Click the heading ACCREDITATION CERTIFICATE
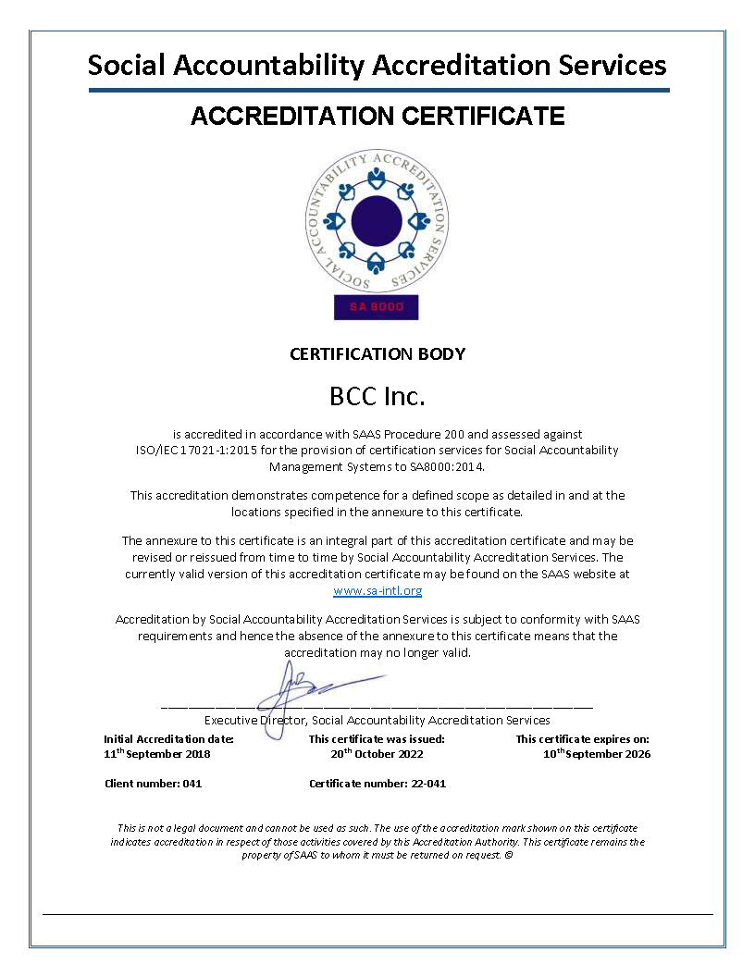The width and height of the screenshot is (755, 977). pyautogui.click(x=377, y=117)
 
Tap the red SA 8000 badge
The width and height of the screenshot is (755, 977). pyautogui.click(x=376, y=307)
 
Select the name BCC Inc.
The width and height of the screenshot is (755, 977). pyautogui.click(x=377, y=397)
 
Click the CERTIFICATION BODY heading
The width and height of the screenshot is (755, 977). pyautogui.click(x=377, y=353)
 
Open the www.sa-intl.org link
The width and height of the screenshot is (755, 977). pyautogui.click(x=377, y=590)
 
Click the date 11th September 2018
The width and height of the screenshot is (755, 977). pyautogui.click(x=157, y=754)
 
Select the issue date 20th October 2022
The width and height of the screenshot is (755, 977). pyautogui.click(x=377, y=754)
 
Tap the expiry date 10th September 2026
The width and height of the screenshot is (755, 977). pyautogui.click(x=597, y=754)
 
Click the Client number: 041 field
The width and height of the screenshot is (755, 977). pyautogui.click(x=153, y=784)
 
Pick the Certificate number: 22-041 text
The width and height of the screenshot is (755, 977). pyautogui.click(x=377, y=784)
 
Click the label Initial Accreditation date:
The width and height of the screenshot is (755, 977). pyautogui.click(x=168, y=739)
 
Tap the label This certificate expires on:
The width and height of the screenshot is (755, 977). pyautogui.click(x=583, y=739)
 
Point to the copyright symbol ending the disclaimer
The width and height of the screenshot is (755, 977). pyautogui.click(x=509, y=855)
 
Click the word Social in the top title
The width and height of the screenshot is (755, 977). pyautogui.click(x=127, y=66)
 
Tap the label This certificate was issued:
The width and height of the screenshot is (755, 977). pyautogui.click(x=377, y=739)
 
